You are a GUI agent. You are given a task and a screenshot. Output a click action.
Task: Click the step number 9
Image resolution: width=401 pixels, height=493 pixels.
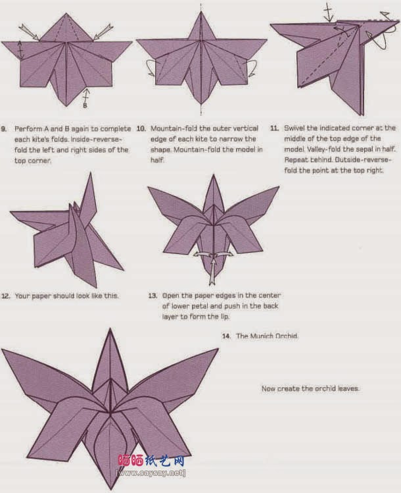tap(5, 128)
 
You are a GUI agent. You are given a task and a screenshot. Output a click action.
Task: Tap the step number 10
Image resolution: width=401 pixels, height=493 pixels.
tap(140, 128)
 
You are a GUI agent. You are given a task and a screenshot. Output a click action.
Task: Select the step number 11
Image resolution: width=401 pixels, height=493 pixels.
tap(274, 128)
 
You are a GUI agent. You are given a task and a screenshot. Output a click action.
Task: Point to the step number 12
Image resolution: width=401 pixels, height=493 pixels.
tap(5, 296)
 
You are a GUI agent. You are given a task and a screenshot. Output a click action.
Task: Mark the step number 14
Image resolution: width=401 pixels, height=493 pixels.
tap(226, 336)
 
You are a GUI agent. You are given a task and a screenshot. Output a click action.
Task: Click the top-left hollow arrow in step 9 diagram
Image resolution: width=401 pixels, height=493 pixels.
tap(29, 30)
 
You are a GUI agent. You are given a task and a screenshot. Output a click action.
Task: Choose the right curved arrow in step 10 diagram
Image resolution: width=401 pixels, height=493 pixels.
tap(248, 66)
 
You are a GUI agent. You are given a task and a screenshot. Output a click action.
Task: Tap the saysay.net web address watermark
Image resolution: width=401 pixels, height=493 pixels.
tap(151, 473)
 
